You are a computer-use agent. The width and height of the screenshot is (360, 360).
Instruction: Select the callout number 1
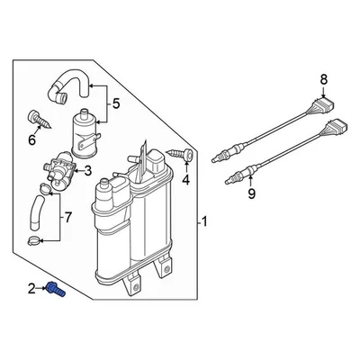click(203, 221)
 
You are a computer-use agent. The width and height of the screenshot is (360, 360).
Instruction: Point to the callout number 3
click(87, 171)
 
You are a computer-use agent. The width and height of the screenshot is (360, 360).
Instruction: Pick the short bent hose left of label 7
click(37, 211)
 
